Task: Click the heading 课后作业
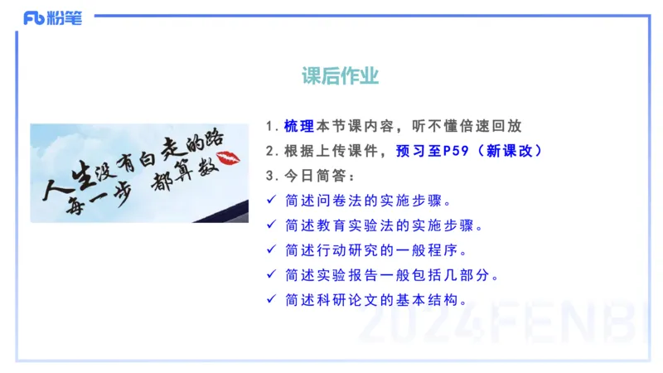point(341,77)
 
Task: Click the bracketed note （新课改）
point(506,151)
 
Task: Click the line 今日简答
point(320,176)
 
